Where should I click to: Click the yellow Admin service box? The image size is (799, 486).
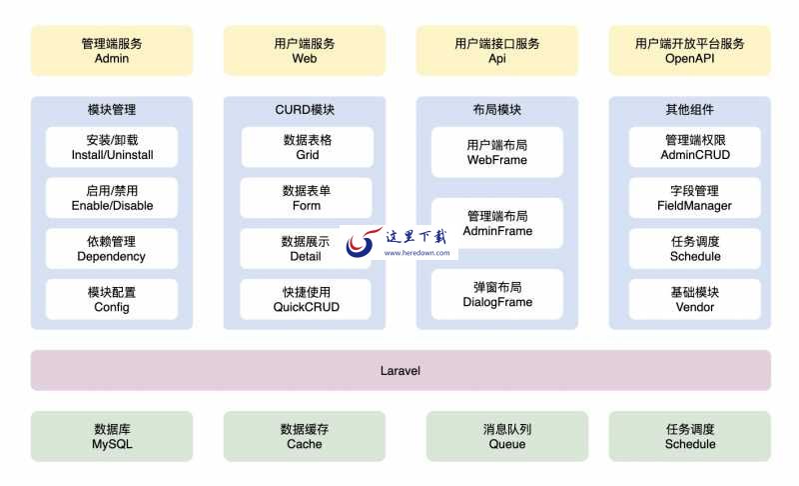pyautogui.click(x=111, y=50)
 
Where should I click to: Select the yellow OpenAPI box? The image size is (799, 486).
pyautogui.click(x=689, y=50)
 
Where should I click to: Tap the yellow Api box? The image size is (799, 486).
pyautogui.click(x=496, y=50)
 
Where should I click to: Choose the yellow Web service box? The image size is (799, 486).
pyautogui.click(x=304, y=50)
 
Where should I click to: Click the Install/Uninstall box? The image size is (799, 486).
pyautogui.click(x=111, y=147)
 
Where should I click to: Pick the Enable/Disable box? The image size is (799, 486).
pyautogui.click(x=111, y=198)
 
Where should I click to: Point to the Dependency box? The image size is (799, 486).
pyautogui.click(x=111, y=248)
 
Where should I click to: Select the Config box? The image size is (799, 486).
pyautogui.click(x=111, y=299)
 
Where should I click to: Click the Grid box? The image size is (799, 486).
pyautogui.click(x=307, y=147)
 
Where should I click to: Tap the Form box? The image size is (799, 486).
pyautogui.click(x=307, y=198)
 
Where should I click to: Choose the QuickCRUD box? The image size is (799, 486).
pyautogui.click(x=307, y=299)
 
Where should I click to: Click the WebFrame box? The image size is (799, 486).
pyautogui.click(x=496, y=152)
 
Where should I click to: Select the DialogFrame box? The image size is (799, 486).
pyautogui.click(x=496, y=294)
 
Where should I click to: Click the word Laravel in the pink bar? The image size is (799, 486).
pyautogui.click(x=400, y=370)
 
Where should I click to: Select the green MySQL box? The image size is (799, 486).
pyautogui.click(x=111, y=436)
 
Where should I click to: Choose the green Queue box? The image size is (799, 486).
pyautogui.click(x=506, y=436)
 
